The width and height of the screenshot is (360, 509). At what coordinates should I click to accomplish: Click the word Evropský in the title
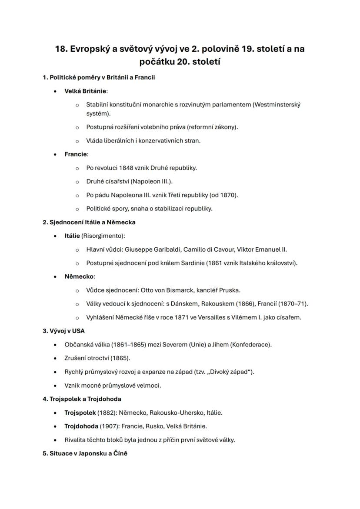tap(89, 49)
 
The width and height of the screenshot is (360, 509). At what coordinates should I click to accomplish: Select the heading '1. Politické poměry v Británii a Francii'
tap(99, 77)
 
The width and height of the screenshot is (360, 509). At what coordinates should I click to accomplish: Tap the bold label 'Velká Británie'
tap(85, 91)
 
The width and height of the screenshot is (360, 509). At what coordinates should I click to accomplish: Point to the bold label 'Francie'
tap(76, 154)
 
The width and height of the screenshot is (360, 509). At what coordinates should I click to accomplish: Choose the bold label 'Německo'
tap(79, 276)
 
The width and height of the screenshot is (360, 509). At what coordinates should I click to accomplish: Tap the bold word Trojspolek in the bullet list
tap(80, 413)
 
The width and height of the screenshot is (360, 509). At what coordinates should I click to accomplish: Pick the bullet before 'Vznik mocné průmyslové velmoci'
tap(55, 386)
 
